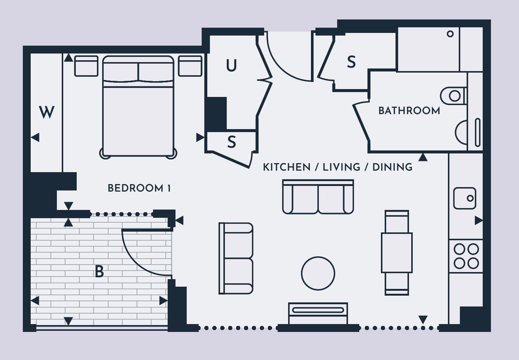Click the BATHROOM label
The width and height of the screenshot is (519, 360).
[409, 111]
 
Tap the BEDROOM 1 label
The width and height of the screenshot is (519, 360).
[139, 188]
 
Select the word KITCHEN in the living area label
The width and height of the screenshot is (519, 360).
[287, 167]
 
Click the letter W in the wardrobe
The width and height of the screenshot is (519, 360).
[46, 112]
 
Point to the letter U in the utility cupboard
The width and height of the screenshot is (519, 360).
[231, 65]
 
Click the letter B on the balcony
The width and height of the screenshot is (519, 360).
[100, 271]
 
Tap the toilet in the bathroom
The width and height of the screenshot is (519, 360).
[453, 96]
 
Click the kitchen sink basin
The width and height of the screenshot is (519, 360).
[464, 198]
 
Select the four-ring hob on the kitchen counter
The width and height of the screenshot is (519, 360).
[466, 256]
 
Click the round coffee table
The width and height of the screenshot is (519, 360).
[318, 273]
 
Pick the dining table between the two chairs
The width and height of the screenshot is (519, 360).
[397, 253]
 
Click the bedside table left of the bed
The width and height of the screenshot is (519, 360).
[86, 66]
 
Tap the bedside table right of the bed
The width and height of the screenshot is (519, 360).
[190, 66]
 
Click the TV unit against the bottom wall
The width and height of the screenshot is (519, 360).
[318, 314]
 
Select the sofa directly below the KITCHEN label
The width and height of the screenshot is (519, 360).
[318, 197]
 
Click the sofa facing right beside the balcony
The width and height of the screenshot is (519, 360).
[236, 258]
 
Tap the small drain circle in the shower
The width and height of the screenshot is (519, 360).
[450, 34]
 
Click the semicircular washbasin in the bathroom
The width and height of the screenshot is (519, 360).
[455, 132]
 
